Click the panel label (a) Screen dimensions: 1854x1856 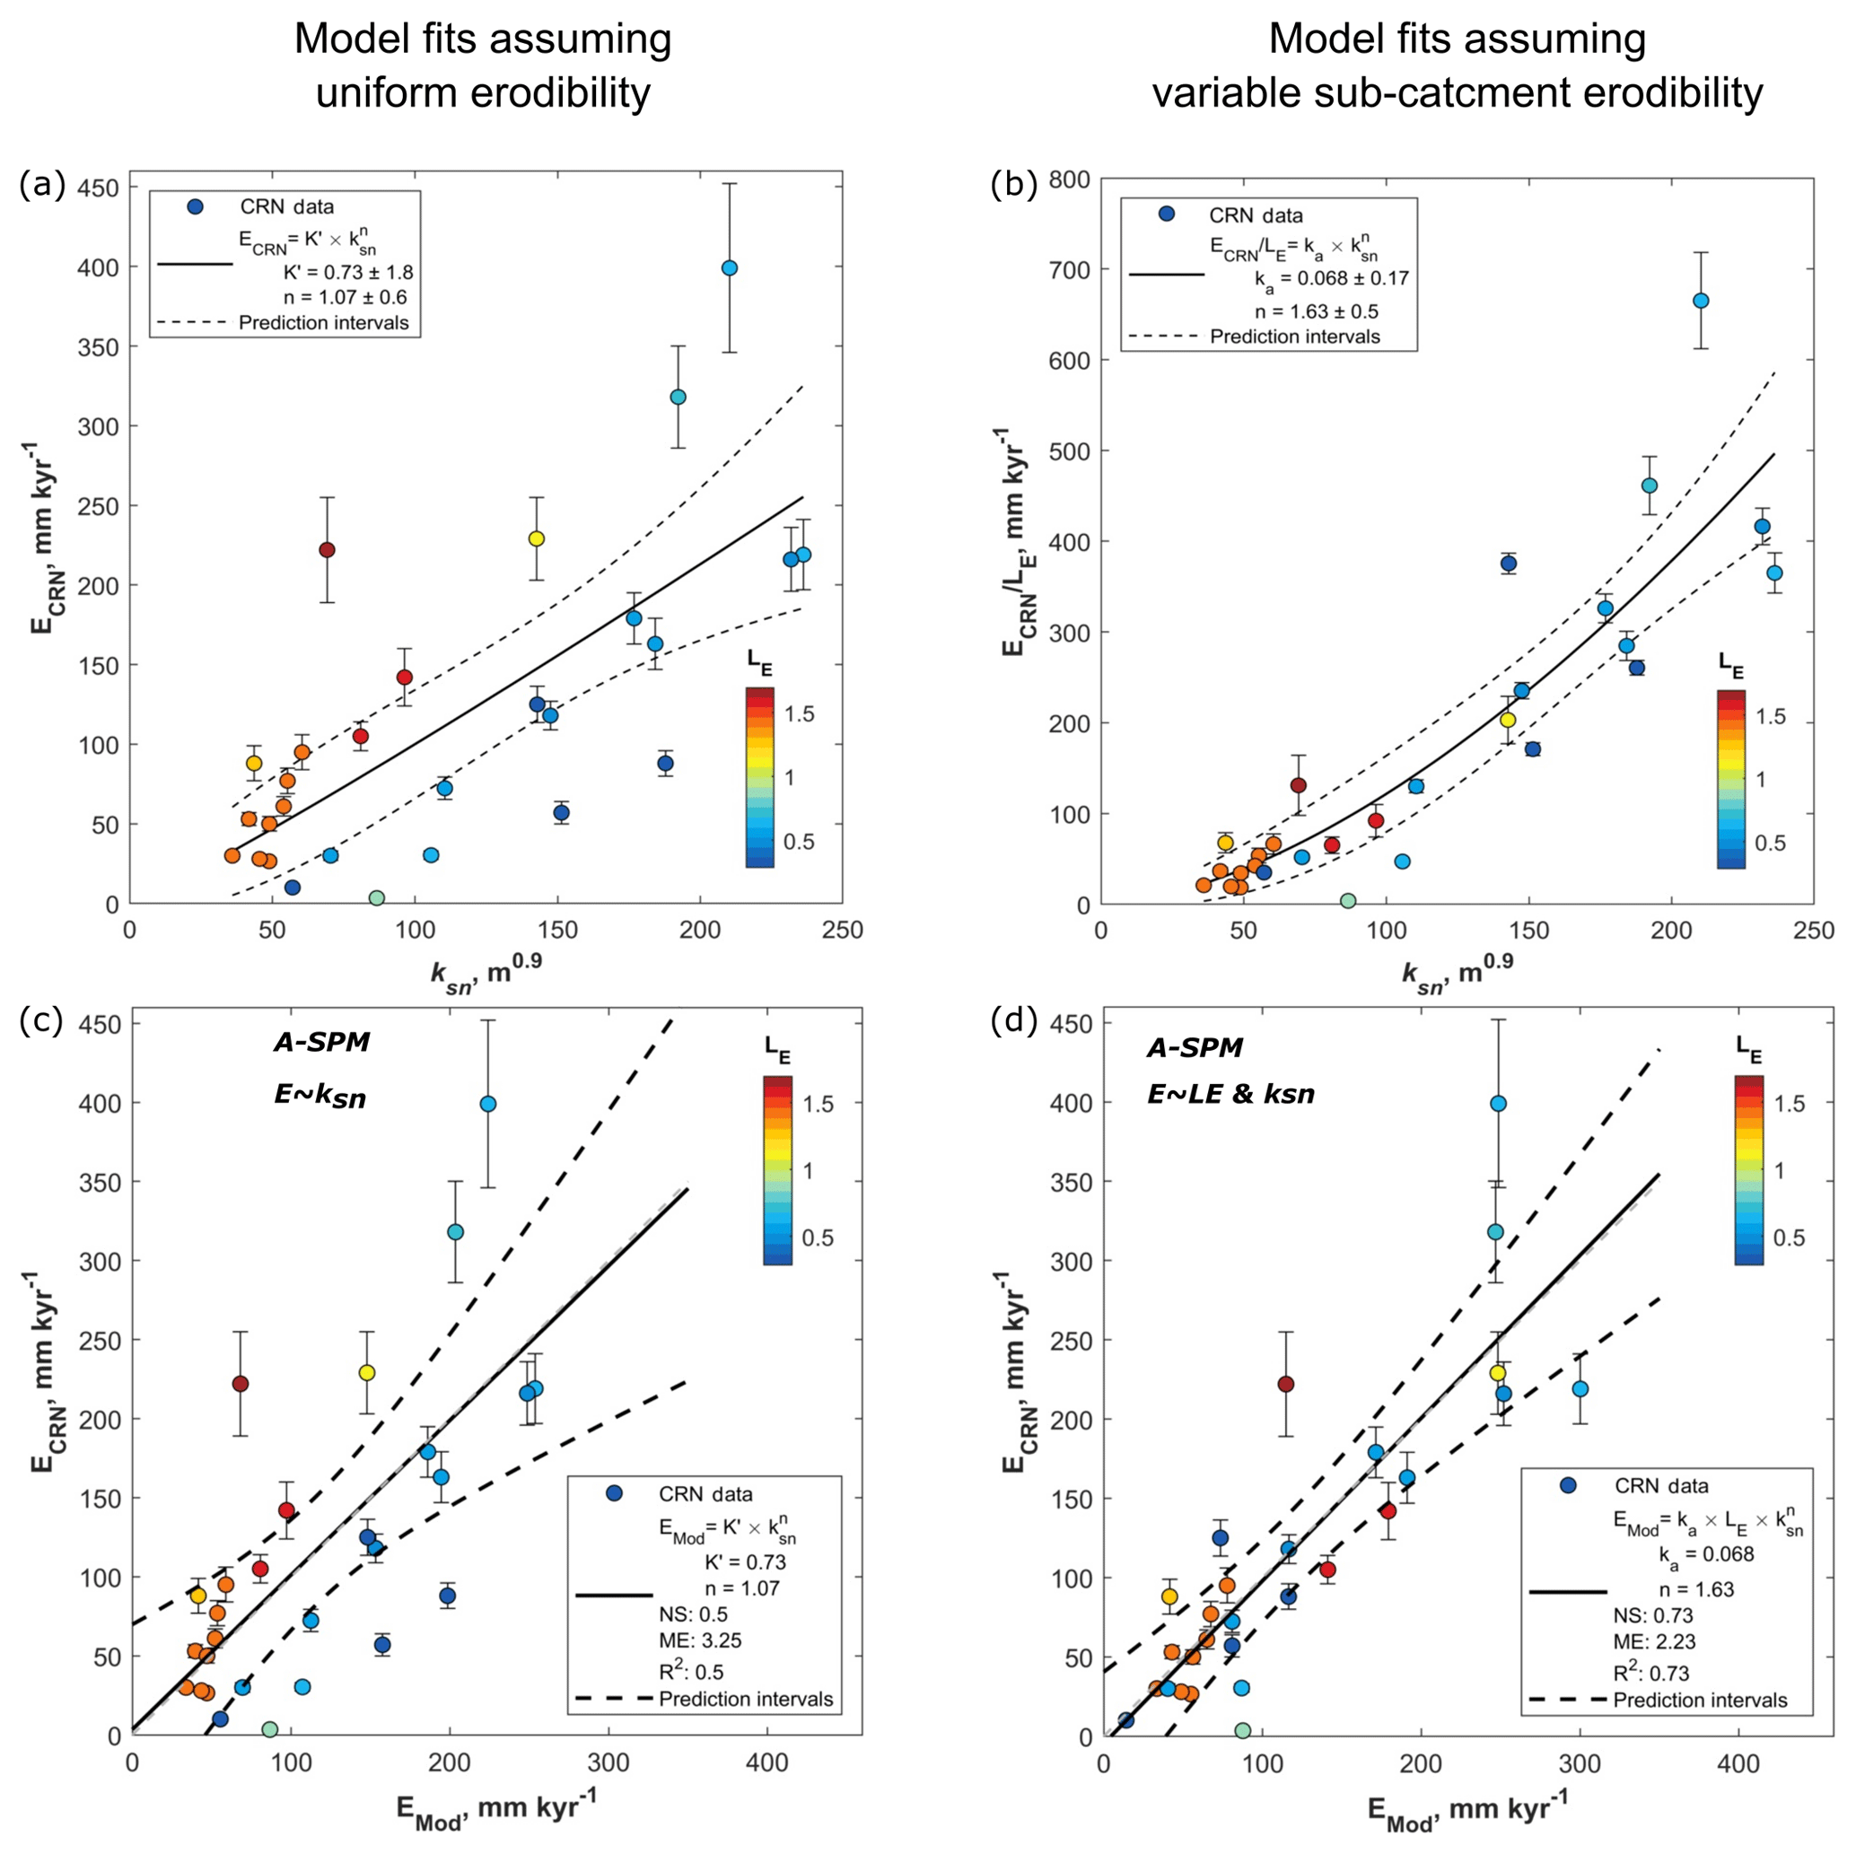(41, 185)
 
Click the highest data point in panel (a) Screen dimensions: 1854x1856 (729, 268)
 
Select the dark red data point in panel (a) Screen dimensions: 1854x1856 (327, 549)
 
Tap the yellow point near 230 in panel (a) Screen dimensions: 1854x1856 (536, 539)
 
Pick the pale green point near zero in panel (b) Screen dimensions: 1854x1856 (1348, 901)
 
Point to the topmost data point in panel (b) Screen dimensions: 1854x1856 (1701, 301)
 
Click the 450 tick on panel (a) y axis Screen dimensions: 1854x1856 (99, 188)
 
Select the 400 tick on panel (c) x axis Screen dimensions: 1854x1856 (767, 1763)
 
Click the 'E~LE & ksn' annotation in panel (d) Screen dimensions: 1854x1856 (1230, 1094)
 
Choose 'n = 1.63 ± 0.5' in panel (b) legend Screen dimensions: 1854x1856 (1316, 311)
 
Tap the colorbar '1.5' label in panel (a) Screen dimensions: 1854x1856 (800, 713)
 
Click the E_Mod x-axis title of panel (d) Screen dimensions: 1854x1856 (1466, 1810)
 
